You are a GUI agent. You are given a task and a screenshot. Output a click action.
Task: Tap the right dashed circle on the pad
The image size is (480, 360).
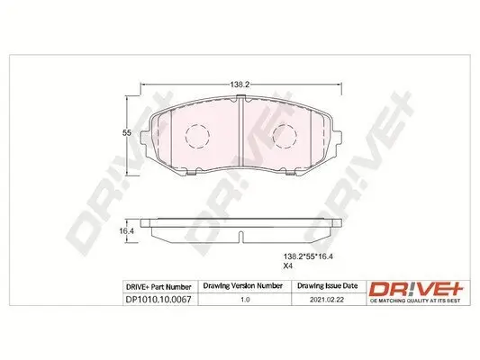click(x=285, y=137)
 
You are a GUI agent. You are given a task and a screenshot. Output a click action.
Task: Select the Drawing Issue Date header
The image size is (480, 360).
click(x=327, y=285)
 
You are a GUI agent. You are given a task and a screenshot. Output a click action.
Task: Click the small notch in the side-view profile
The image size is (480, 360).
click(x=241, y=238)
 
